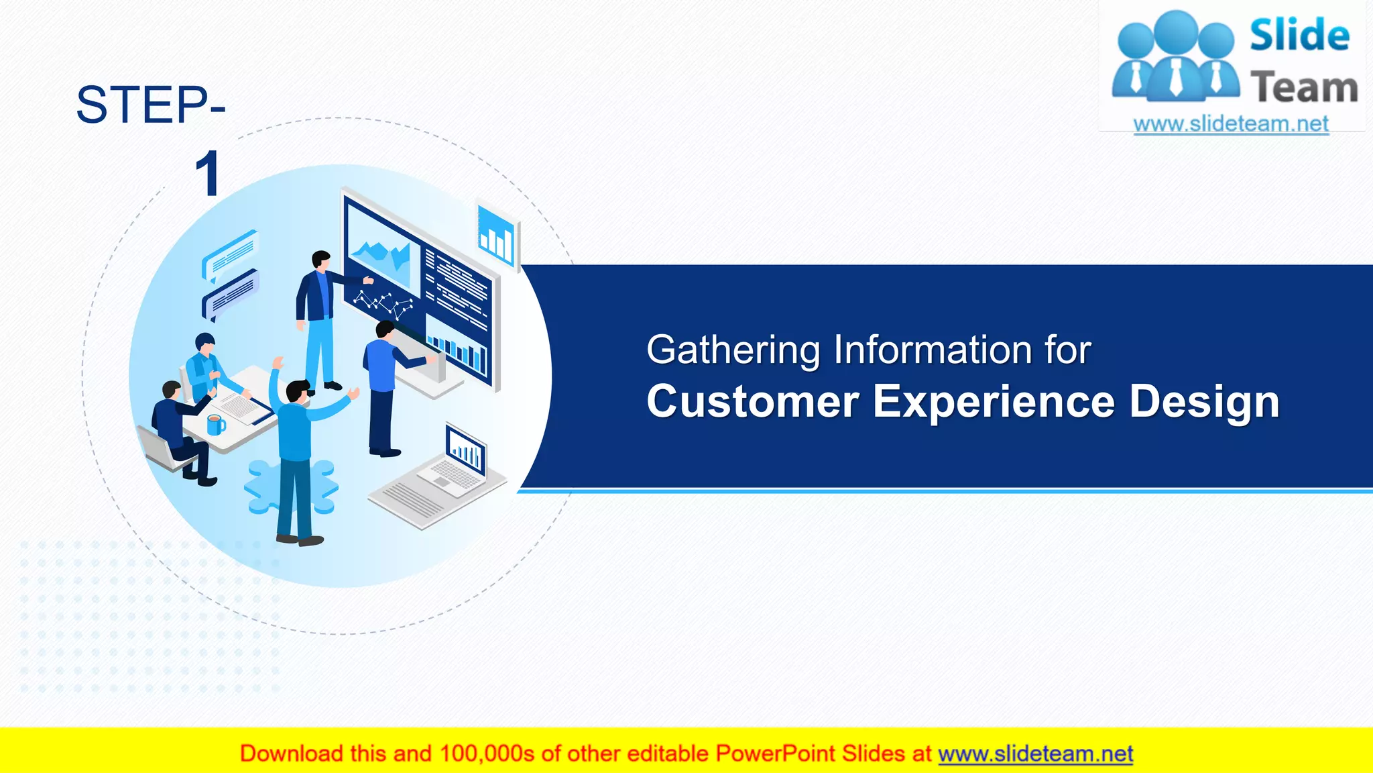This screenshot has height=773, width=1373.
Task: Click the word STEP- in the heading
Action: tap(150, 105)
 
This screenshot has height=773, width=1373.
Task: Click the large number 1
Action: tap(208, 174)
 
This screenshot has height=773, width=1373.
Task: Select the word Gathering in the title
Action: tap(733, 350)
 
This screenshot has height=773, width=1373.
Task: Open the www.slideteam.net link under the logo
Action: tap(1230, 123)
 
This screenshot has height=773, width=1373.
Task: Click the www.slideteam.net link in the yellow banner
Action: tap(1035, 754)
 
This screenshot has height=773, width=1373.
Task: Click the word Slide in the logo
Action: tap(1299, 36)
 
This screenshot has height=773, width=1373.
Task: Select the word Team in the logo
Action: tap(1303, 88)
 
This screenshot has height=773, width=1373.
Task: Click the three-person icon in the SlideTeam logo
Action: tap(1175, 57)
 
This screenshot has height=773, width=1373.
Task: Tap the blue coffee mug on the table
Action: tap(215, 425)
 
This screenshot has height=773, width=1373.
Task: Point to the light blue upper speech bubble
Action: tap(231, 254)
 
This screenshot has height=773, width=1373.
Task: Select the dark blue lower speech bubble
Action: tap(231, 294)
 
